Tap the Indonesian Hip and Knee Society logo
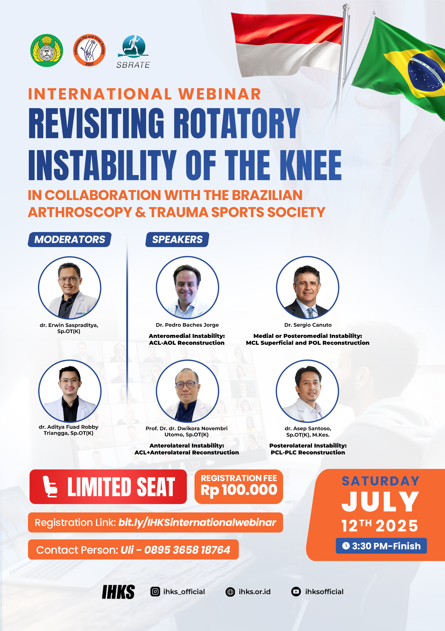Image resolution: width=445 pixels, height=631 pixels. pos(89,50)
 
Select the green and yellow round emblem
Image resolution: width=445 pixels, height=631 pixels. pos(47,50)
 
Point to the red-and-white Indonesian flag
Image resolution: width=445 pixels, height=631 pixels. pos(287,44)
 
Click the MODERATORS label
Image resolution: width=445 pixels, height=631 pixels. pos(69,239)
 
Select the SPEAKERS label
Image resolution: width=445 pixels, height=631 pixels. pos(177,239)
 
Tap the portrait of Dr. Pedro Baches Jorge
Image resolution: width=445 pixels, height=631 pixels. pos(187,288)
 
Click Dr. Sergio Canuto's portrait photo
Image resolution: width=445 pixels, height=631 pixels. pos(308,288)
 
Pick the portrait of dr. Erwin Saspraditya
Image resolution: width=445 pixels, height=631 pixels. pos(69,288)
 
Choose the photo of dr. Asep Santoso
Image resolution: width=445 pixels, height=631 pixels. pos(308,391)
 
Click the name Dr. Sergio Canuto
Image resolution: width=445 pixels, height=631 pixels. pos(308,325)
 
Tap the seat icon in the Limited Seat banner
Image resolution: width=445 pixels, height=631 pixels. pos(50,487)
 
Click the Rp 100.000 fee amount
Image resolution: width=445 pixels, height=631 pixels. pos(239,490)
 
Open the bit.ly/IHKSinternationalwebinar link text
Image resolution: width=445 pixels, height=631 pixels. pos(197,522)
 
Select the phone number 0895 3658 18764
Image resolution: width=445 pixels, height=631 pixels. pos(187,550)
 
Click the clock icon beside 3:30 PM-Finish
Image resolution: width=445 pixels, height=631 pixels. pos(346,546)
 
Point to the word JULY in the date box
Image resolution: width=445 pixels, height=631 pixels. pos(380,502)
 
